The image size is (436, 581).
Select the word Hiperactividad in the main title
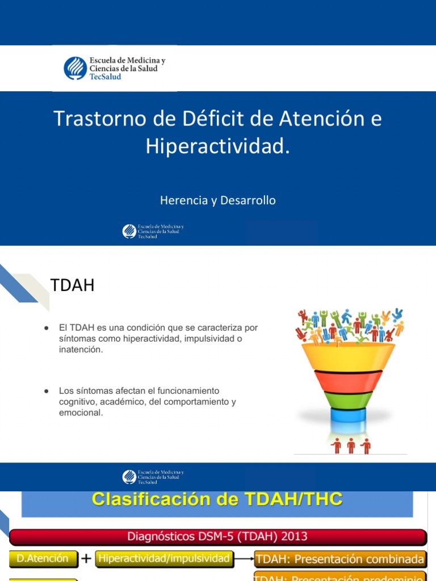(x=213, y=146)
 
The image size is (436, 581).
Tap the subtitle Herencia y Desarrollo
(x=217, y=201)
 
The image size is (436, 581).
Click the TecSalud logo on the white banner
(x=114, y=68)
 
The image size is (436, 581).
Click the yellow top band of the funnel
(x=349, y=355)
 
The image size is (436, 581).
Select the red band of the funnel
(x=349, y=379)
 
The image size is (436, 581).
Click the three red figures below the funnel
(x=351, y=446)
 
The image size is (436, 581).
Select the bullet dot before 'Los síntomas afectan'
(x=46, y=391)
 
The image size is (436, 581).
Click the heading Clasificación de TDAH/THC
(x=217, y=500)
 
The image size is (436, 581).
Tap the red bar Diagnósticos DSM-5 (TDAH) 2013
(x=217, y=536)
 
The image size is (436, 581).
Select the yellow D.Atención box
(x=43, y=558)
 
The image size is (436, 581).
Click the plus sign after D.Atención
(x=86, y=559)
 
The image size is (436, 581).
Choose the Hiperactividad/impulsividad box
(x=164, y=558)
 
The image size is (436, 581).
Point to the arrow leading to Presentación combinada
(x=243, y=559)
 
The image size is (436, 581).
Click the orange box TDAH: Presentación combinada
(x=339, y=559)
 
